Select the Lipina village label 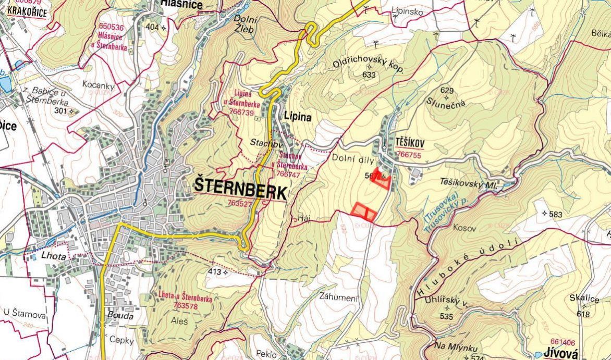click(298, 117)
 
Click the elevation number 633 click(369, 75)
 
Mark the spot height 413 click(214, 271)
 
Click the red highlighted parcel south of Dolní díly click(363, 210)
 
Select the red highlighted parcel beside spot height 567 click(385, 180)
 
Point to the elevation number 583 click(556, 214)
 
